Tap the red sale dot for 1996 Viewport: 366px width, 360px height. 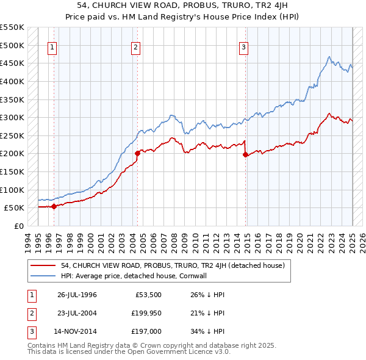(54, 206)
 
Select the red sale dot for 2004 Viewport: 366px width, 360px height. (137, 154)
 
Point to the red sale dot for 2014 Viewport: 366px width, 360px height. (245, 155)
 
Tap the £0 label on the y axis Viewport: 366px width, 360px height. (18, 226)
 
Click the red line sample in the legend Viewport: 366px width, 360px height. (43, 265)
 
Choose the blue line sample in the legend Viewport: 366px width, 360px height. (43, 276)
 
